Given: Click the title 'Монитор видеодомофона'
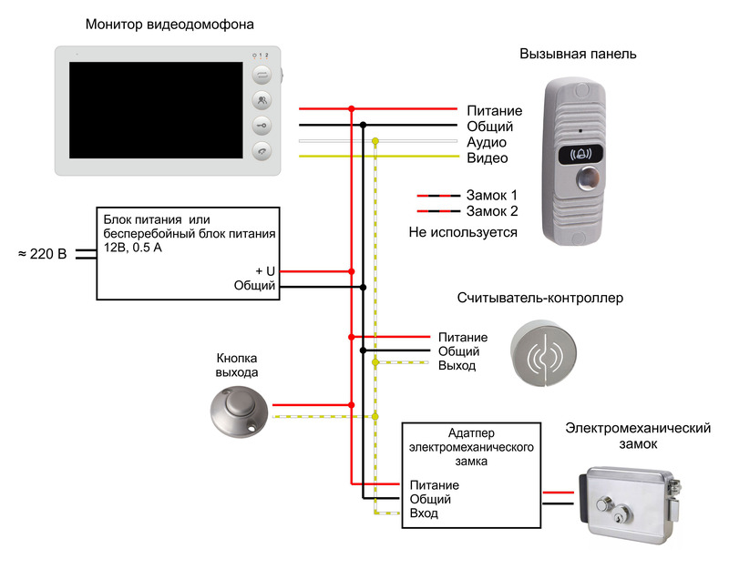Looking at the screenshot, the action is (169, 25).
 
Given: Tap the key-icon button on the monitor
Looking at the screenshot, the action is (262, 126).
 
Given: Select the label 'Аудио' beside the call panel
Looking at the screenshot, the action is (487, 143).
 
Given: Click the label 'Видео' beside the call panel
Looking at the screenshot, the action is (488, 157).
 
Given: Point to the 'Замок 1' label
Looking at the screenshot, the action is (491, 195).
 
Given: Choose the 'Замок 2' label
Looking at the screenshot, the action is (492, 211).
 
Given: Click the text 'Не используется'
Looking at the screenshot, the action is (463, 232).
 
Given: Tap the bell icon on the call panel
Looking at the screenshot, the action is (581, 154).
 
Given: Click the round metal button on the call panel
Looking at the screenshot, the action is (588, 178).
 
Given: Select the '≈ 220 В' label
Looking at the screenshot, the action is (42, 254).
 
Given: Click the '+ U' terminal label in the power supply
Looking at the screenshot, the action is (265, 271).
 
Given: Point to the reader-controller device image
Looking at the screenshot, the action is (543, 352).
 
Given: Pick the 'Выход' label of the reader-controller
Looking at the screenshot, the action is (457, 366).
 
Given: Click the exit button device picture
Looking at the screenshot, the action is (239, 412).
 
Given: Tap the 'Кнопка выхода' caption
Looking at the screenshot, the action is (237, 365).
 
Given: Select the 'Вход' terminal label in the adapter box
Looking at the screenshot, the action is (424, 513).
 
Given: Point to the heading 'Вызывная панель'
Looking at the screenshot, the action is (578, 54).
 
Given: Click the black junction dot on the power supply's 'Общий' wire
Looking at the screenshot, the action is (363, 288).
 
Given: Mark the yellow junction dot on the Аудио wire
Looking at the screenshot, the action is (375, 141).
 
